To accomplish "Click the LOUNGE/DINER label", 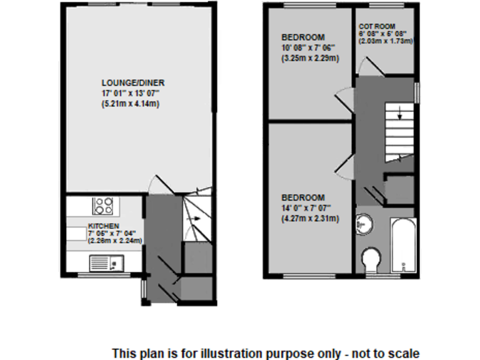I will [x=134, y=82].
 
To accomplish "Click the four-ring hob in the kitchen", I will [x=103, y=206].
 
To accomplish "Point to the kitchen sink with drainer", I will [x=107, y=263].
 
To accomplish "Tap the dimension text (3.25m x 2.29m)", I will [x=310, y=59].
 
